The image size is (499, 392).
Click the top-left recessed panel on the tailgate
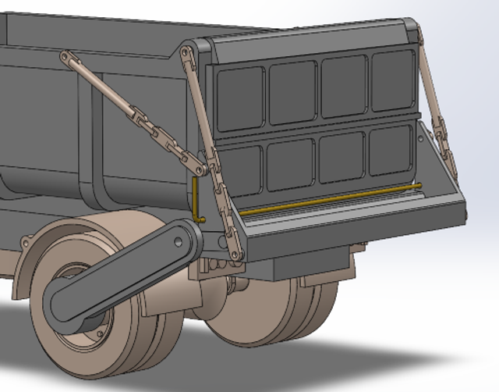click(x=240, y=98)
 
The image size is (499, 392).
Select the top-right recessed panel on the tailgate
click(x=393, y=80)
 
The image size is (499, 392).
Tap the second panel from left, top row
click(x=292, y=91)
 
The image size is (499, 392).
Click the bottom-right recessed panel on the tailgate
click(x=390, y=150)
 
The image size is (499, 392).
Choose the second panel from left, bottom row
click(x=290, y=165)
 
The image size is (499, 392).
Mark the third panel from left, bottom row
click(x=342, y=157)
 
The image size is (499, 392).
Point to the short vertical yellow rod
click(x=195, y=199)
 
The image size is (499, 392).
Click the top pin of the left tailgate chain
click(x=186, y=52)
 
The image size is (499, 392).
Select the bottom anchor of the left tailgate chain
click(x=235, y=254)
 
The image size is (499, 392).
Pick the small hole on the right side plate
click(x=422, y=141)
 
